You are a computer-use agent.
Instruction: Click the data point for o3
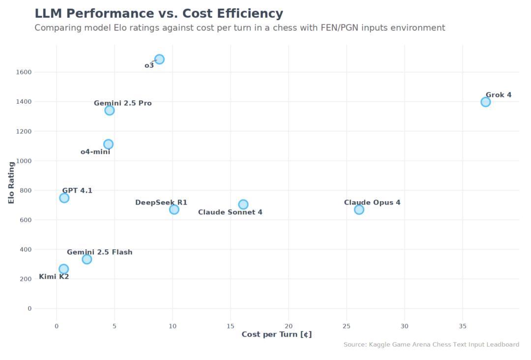159,60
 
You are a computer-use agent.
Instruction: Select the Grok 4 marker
485,102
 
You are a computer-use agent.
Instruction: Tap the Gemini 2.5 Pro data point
110,110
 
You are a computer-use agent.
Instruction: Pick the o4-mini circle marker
108,144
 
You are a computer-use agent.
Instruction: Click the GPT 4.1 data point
64,198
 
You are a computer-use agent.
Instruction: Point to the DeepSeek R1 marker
174,210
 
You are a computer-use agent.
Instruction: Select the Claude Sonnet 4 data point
243,205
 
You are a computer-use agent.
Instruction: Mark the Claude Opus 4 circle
359,210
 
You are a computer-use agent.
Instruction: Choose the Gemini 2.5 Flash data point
87,259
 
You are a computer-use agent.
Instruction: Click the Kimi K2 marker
63,269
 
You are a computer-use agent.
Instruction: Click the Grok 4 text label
499,95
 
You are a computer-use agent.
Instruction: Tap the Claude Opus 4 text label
372,203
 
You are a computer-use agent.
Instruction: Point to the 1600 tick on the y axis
23,72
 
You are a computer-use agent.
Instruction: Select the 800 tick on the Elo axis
25,190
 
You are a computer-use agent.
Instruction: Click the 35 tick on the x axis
463,326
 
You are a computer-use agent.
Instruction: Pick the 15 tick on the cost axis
230,326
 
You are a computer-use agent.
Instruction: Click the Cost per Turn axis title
276,334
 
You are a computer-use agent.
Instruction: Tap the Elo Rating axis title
11,183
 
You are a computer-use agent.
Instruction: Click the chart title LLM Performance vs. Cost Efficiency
159,14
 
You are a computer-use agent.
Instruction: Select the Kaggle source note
431,345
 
